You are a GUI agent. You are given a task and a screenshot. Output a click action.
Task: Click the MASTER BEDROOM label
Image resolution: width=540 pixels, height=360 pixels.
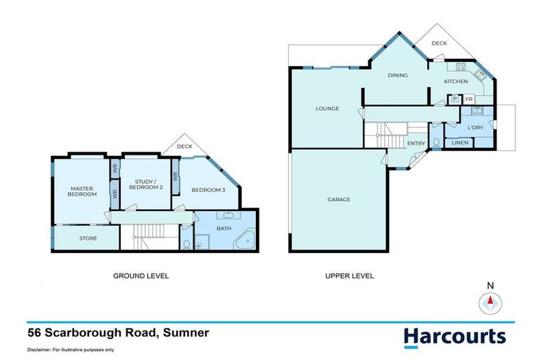point(82,191)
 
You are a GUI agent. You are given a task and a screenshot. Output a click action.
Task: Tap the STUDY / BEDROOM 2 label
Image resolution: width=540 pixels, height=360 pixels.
point(148,184)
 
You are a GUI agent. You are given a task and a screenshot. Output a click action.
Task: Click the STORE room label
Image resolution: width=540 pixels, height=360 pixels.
point(87,238)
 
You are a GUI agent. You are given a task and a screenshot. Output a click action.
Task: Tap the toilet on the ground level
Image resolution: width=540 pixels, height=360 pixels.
point(186,244)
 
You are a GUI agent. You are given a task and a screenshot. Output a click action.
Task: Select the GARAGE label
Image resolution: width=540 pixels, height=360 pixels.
point(338,199)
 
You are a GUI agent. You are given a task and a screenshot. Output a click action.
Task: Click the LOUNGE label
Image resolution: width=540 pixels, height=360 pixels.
point(327,108)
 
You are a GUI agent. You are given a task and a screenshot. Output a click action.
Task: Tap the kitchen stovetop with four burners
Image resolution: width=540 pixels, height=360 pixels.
point(461,67)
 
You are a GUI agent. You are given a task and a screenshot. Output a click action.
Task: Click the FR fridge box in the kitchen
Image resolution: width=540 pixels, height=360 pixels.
point(468,99)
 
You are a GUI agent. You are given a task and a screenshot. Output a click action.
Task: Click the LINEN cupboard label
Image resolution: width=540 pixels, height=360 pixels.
point(460,143)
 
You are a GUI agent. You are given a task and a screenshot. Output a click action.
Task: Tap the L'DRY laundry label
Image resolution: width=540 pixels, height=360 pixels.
point(475,127)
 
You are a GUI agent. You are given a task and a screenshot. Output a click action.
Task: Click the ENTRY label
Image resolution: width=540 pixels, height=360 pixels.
point(416,143)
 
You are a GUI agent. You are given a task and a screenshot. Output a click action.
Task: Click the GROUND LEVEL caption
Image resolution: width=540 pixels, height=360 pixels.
point(141,276)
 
